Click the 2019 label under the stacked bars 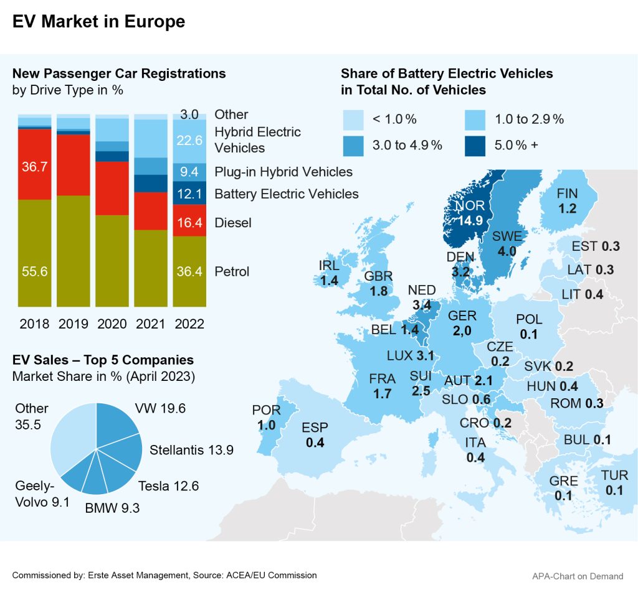(x=73, y=324)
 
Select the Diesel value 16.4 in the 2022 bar (x=189, y=222)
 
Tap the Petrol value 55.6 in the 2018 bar (x=34, y=271)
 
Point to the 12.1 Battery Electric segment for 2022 (x=189, y=194)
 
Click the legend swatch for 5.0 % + (x=477, y=145)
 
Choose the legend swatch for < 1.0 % (x=353, y=118)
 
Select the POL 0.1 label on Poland (x=529, y=327)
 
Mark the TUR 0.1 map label (x=614, y=483)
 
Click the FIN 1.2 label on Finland (x=568, y=201)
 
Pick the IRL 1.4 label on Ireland (x=329, y=273)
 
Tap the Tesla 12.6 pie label (x=169, y=486)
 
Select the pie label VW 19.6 (x=160, y=408)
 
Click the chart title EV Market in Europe (x=98, y=22)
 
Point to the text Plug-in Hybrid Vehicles (x=283, y=172)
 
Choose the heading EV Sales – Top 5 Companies (x=103, y=360)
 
